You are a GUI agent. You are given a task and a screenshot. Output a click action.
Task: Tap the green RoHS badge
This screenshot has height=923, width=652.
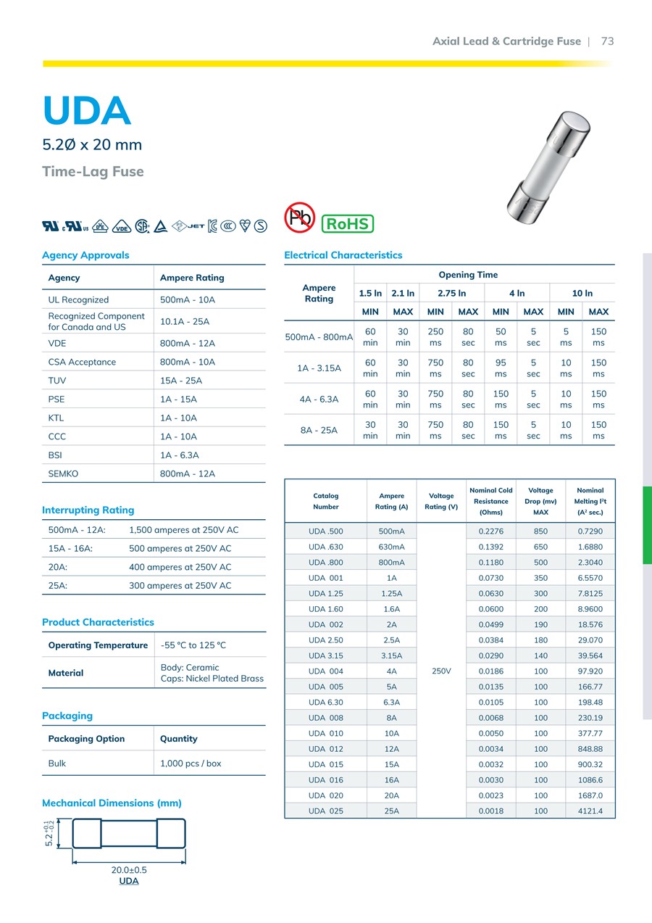tap(347, 223)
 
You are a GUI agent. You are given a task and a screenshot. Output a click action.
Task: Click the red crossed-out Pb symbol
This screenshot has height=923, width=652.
tap(299, 217)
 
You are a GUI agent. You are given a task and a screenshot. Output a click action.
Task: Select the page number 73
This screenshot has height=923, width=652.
tap(607, 41)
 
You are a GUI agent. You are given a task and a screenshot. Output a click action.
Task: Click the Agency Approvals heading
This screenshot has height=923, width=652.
tap(85, 255)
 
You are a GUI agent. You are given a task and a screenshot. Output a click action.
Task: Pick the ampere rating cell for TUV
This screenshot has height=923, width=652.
tap(181, 381)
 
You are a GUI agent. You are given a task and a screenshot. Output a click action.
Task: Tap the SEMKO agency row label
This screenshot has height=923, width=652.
tap(63, 473)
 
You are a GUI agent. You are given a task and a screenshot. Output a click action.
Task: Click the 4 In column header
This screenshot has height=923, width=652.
tap(517, 293)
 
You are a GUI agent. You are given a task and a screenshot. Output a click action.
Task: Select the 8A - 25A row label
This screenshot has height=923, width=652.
tap(319, 430)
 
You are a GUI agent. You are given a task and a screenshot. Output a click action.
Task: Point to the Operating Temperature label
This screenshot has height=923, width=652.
tap(98, 645)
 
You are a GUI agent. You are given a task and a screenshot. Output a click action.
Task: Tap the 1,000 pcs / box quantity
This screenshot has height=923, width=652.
tap(191, 763)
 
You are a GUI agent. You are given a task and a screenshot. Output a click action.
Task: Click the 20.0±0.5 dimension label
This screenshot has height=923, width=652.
tap(129, 870)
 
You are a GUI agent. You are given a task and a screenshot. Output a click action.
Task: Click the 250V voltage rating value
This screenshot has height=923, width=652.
tap(441, 671)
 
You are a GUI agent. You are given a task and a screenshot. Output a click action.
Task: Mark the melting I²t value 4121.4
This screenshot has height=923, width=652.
tap(590, 811)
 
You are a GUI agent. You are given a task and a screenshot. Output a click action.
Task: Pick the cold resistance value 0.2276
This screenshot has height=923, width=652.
tap(490, 531)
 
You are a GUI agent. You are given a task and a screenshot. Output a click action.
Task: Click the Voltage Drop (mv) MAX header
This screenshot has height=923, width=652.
tap(540, 501)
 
